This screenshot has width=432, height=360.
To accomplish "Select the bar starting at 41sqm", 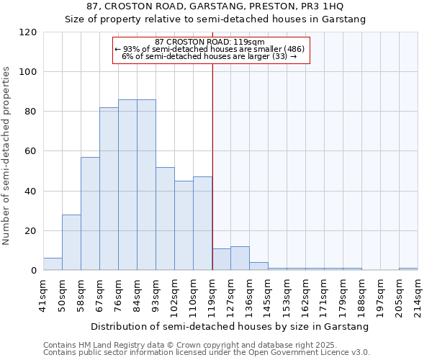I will (53, 264).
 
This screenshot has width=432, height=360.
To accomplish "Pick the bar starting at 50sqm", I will (71, 243).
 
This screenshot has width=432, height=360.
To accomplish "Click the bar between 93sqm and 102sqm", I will (165, 219).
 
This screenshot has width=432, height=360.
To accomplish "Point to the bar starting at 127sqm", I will (240, 258).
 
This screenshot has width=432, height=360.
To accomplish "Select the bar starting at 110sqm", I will (202, 224).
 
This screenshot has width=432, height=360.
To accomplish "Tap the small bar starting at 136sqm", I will (258, 266).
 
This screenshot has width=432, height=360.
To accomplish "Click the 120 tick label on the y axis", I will (28, 32).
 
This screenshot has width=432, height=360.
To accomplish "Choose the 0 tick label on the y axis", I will (34, 271).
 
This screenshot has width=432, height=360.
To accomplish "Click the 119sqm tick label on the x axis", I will (212, 293).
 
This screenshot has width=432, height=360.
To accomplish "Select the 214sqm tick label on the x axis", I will (418, 293).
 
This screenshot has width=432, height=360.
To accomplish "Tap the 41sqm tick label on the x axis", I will (44, 293).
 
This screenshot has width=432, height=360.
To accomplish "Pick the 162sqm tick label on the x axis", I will (306, 293).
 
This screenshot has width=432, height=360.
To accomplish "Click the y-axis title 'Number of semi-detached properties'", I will (7, 156).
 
